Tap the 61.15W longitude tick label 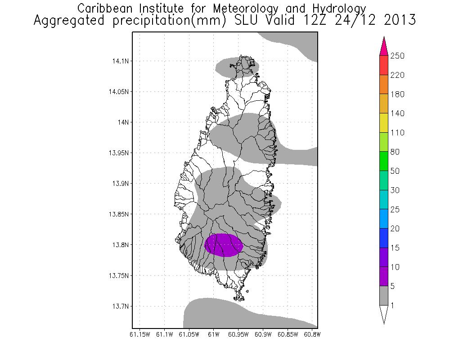coord(139,334)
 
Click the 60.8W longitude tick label coord(312,334)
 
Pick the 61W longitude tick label coord(213,334)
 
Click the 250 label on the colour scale coord(398,56)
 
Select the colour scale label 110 coord(398,133)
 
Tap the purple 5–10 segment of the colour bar coord(384,277)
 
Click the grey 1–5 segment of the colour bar coord(384,296)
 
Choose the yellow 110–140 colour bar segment coord(384,123)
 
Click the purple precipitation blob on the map coord(224,245)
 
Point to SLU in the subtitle coord(257,20)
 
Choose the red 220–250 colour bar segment coord(384,65)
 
